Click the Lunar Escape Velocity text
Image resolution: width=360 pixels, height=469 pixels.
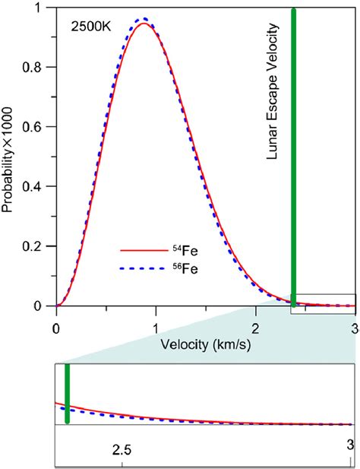(x=275, y=91)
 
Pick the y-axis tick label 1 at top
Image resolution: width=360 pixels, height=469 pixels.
(x=43, y=8)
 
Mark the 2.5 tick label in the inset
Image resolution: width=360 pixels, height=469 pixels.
(x=122, y=450)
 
